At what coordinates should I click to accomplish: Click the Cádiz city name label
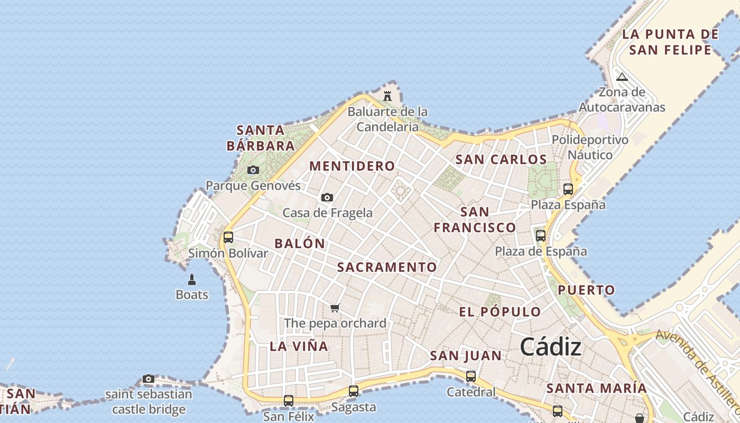pos(551,347)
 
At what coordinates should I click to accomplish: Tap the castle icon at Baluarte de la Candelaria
pos(387,96)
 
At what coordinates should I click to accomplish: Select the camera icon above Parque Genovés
pos(253,170)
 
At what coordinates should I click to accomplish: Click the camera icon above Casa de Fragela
pos(327,197)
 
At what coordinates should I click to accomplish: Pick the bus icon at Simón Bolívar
pos(228,237)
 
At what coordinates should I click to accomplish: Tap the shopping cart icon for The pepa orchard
pos(335,308)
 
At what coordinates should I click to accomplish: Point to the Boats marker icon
pos(192,279)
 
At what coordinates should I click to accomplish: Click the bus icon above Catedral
pos(471,376)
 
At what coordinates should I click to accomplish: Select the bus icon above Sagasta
pos(354,391)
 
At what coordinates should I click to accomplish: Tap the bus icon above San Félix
pos(289,401)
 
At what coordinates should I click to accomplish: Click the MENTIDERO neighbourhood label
pos(352,166)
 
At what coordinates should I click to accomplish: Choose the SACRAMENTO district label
pos(387,267)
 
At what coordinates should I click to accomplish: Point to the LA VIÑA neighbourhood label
pos(299,346)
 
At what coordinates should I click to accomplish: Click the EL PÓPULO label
pos(499,312)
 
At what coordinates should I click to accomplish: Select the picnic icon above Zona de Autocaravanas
pos(622,77)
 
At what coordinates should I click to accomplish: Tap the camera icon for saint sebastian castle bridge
pos(149,379)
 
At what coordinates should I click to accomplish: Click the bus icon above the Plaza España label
pos(568,189)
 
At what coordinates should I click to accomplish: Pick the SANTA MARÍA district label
pos(596,388)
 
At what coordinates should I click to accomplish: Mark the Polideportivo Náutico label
pos(590,148)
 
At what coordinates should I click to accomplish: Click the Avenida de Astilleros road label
pos(698,370)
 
